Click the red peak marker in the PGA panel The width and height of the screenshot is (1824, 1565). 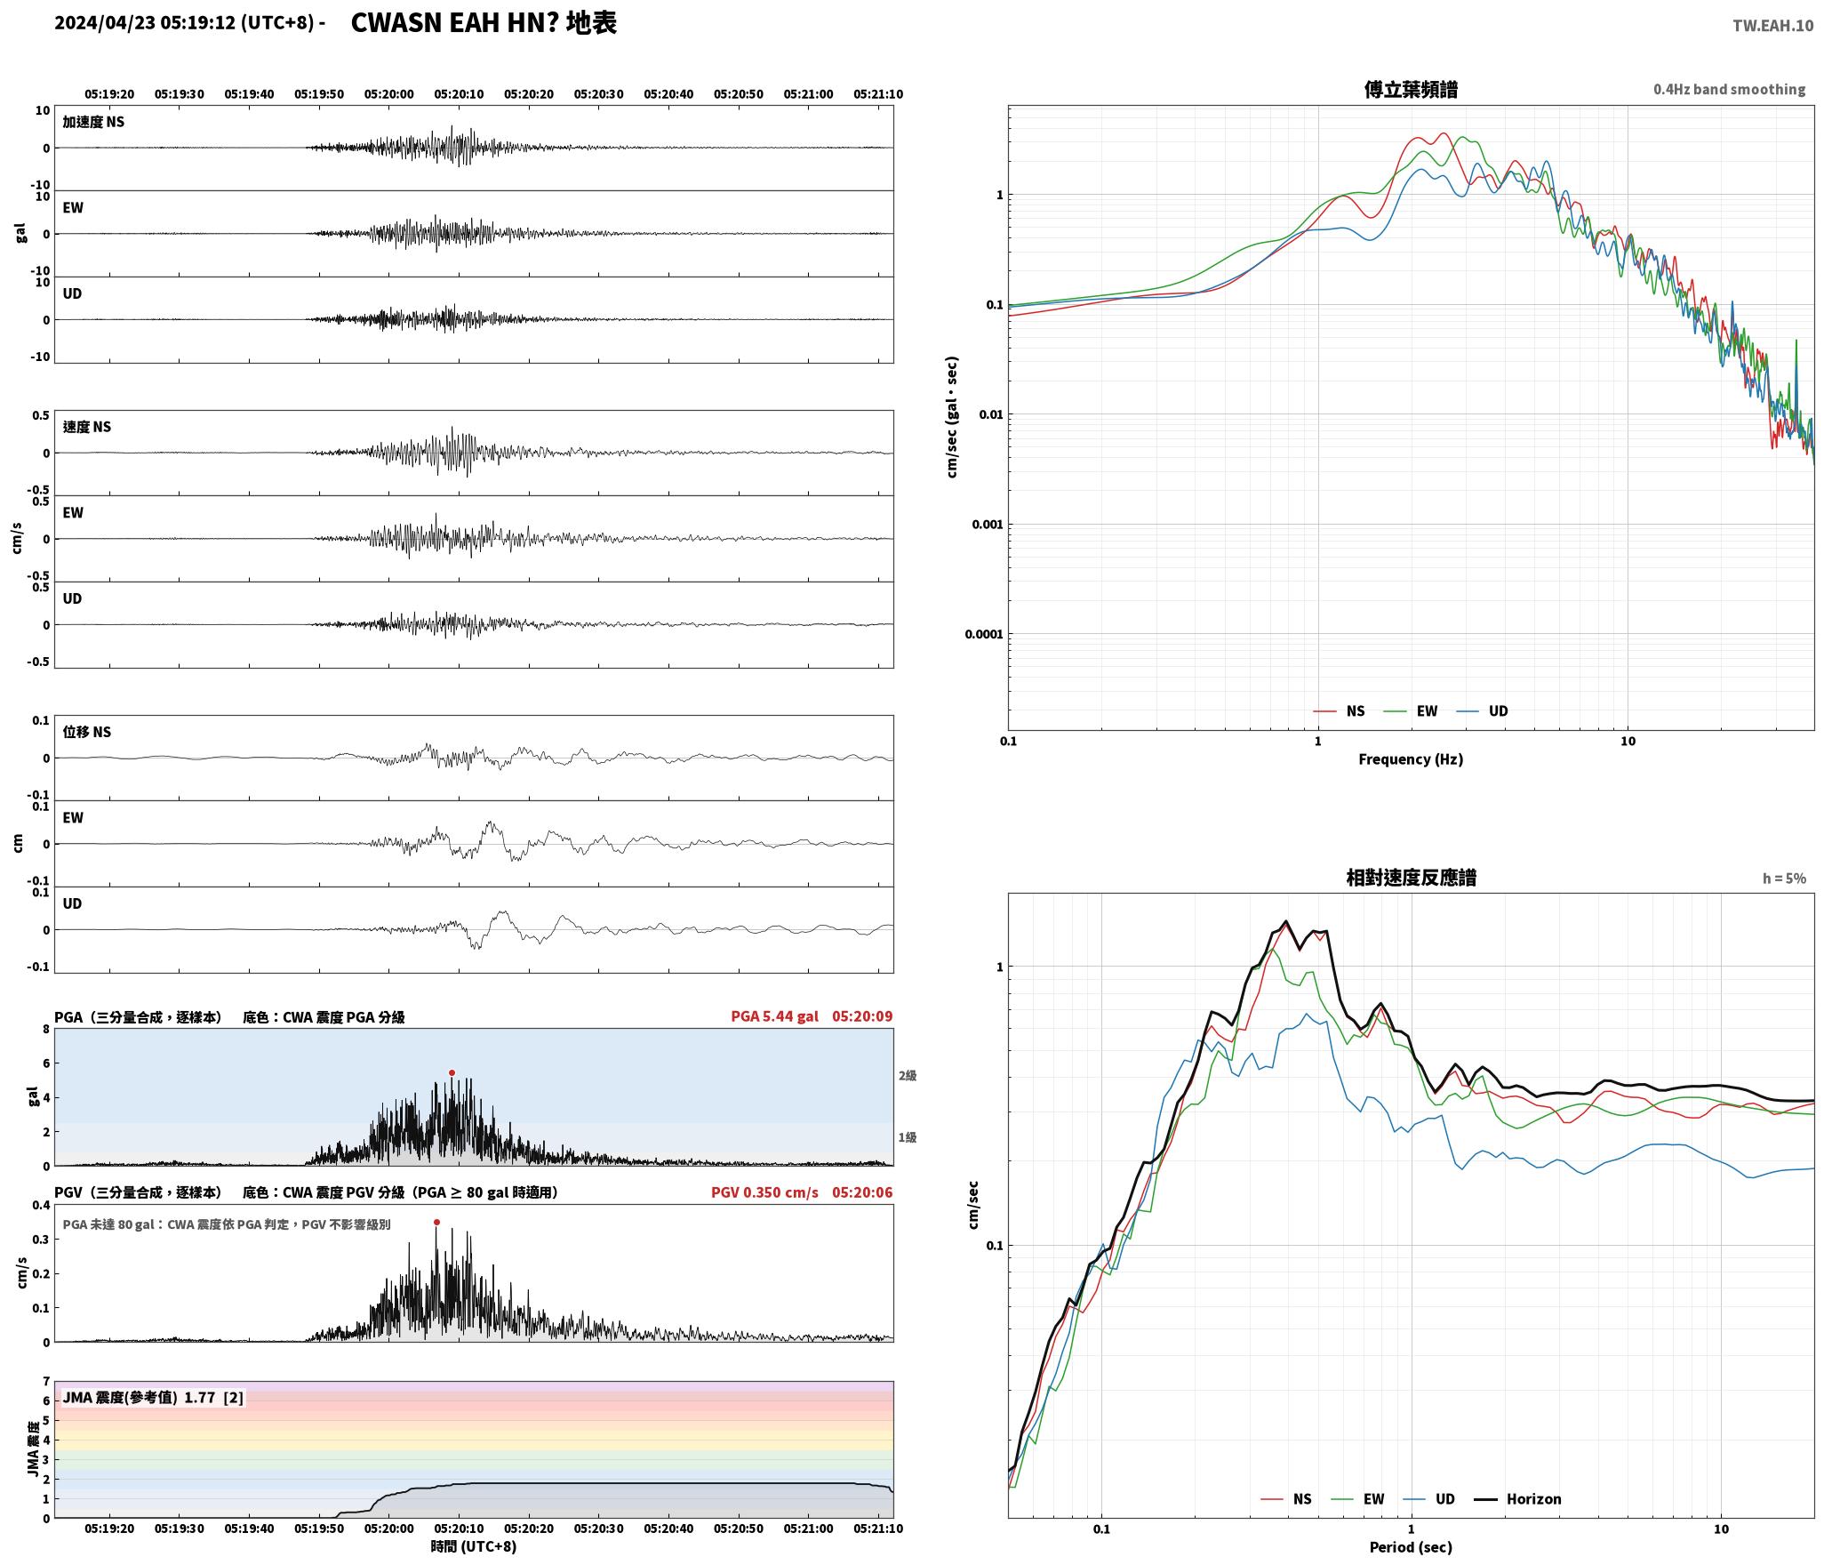[x=452, y=1072]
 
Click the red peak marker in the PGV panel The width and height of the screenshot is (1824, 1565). [x=436, y=1222]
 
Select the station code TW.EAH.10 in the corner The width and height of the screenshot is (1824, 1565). [x=1772, y=26]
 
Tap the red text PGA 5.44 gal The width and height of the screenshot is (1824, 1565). [x=774, y=1015]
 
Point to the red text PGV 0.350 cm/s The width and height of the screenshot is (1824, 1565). [x=764, y=1192]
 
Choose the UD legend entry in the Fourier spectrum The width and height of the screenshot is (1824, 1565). [x=1482, y=710]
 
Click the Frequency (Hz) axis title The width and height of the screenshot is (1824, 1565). [x=1411, y=758]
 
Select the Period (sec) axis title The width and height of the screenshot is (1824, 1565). [x=1411, y=1546]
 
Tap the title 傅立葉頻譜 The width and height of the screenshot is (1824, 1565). [x=1411, y=89]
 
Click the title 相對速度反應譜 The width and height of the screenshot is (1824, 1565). [x=1411, y=877]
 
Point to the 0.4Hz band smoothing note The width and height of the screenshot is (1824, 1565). [x=1729, y=89]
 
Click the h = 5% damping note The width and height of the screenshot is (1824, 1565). [x=1784, y=878]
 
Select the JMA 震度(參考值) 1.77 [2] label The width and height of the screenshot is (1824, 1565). [x=153, y=1397]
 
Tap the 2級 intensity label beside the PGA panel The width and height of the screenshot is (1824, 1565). [x=907, y=1075]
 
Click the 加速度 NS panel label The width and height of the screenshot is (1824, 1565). [x=93, y=122]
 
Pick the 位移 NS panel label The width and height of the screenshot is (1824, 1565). [x=87, y=732]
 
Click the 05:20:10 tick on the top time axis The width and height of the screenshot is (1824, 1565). [x=459, y=94]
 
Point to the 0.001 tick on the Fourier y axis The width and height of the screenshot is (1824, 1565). [x=987, y=524]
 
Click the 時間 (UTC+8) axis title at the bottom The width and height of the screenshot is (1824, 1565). [x=473, y=1546]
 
